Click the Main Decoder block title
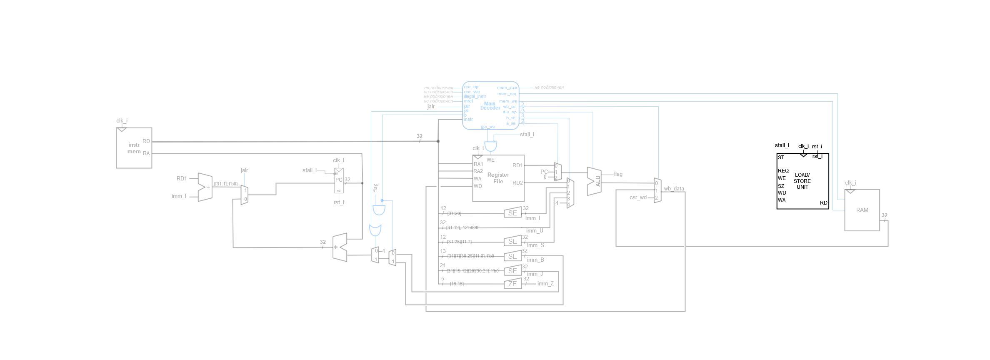490,106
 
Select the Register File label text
498,178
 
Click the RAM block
862,210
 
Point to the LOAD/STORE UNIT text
802,181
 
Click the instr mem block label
134,148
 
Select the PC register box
339,180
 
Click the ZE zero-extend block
512,284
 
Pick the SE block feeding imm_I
512,213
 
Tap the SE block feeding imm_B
512,257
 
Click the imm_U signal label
534,230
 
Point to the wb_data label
674,189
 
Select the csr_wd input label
637,197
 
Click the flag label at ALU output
618,174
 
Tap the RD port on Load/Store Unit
823,203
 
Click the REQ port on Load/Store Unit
783,171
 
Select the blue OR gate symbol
375,230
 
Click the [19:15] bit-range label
457,284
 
